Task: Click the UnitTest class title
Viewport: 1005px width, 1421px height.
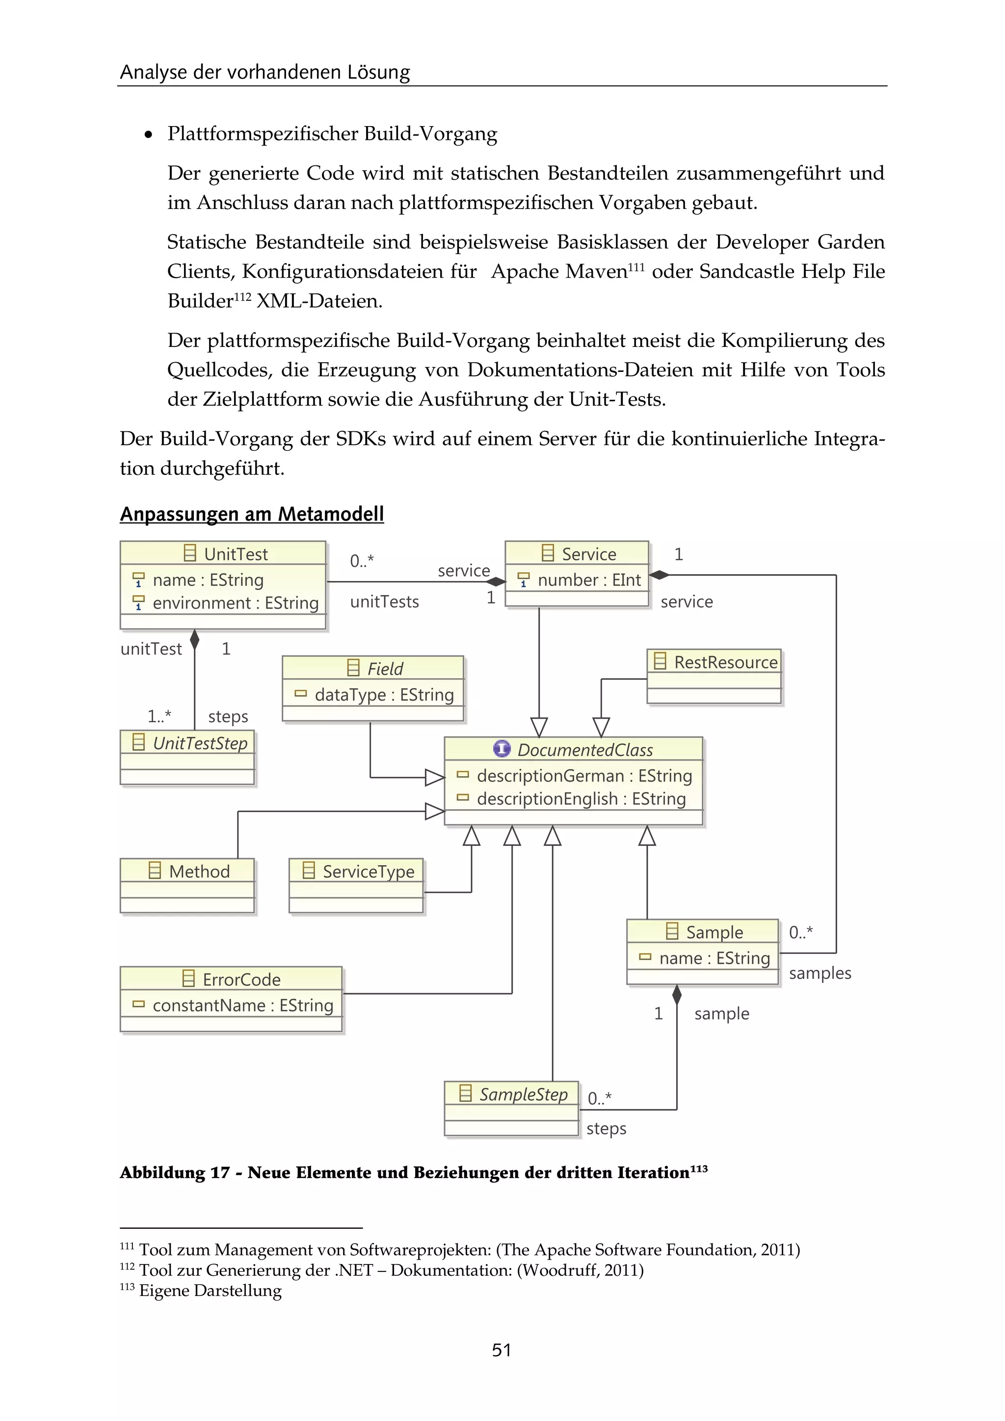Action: [x=235, y=554]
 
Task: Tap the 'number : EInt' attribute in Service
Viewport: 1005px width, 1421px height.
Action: [x=588, y=580]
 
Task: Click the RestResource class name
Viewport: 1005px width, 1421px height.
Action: [x=725, y=662]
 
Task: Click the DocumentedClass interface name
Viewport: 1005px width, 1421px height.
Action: [x=585, y=750]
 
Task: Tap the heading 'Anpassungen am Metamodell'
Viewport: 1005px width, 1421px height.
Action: [x=252, y=514]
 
